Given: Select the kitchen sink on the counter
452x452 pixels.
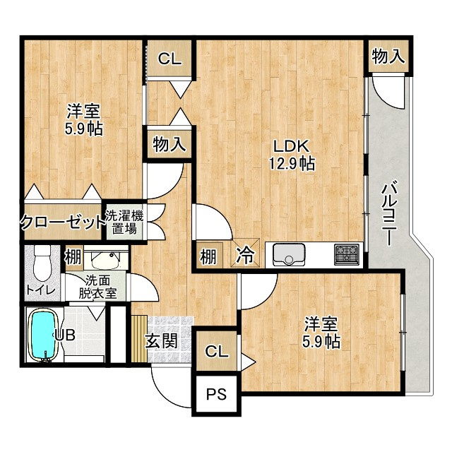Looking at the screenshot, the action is [289, 255].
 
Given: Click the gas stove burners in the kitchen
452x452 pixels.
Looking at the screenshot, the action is [347, 255].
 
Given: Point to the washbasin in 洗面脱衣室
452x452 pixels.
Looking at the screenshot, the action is [105, 259].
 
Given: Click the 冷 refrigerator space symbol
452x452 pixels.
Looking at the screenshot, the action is [245, 253].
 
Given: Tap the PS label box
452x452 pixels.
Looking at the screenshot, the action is [217, 394].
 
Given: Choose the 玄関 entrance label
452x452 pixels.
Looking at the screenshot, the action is [162, 342].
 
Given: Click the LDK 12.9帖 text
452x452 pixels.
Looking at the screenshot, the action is [292, 155].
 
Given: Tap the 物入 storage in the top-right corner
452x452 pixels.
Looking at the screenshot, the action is [388, 56].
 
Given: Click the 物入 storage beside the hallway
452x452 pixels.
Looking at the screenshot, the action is [169, 144].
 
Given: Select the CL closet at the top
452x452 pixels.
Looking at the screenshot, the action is [169, 59].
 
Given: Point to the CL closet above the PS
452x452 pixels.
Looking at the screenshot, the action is [217, 351].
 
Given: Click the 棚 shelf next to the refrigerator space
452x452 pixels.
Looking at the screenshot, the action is [208, 256].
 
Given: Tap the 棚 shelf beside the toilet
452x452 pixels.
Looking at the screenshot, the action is [73, 257].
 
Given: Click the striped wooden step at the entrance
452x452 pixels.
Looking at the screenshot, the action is [139, 339].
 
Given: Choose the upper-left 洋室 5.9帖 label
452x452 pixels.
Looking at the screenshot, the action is [83, 120].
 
